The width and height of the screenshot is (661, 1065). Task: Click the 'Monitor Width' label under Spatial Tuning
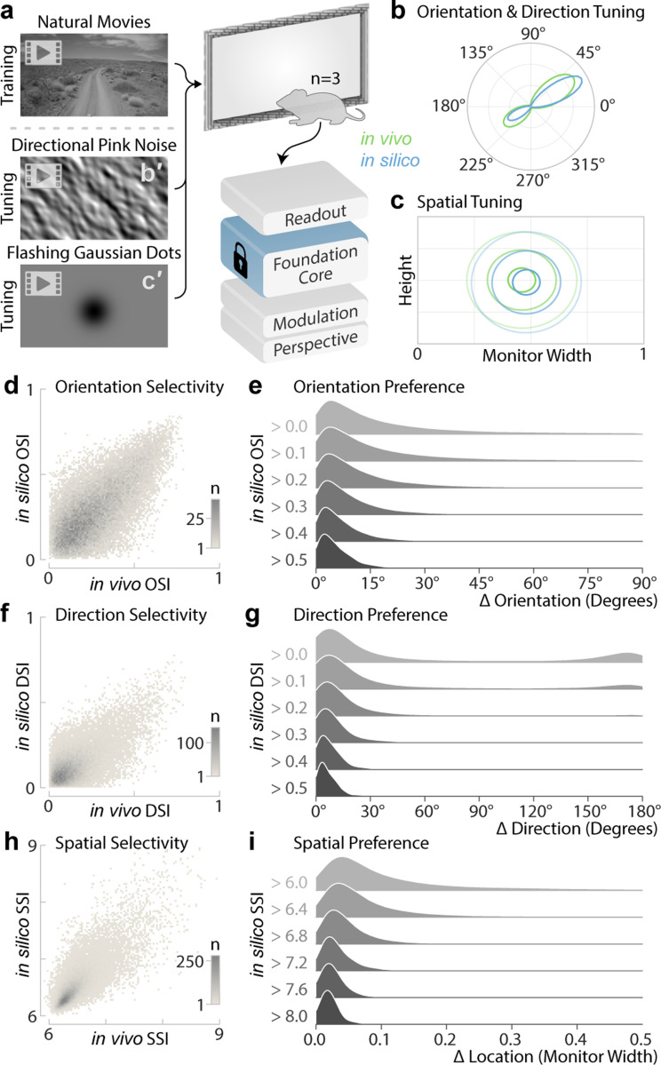(x=530, y=358)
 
